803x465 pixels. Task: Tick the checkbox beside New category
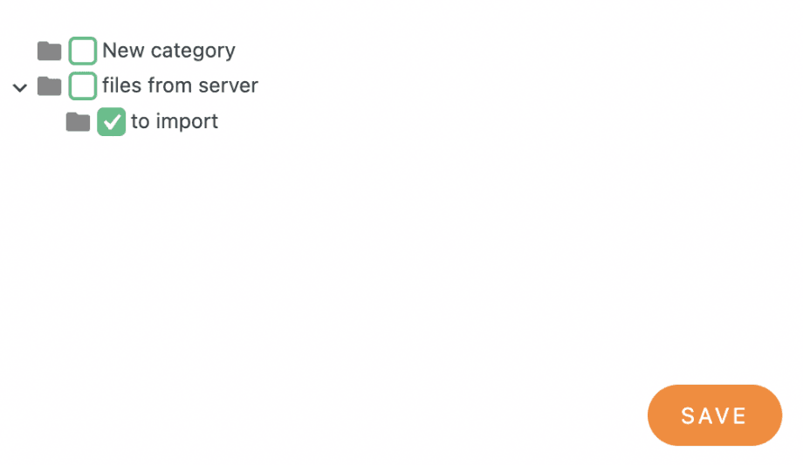[83, 51]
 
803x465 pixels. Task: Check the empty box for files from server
[83, 86]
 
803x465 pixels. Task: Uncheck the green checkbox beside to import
[112, 122]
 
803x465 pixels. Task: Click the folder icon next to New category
[50, 51]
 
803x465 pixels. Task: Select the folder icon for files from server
[50, 86]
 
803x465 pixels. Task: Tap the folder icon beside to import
[79, 122]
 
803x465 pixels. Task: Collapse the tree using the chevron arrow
[20, 87]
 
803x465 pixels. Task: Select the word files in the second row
[120, 85]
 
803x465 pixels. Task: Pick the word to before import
[140, 121]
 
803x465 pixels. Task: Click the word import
[187, 121]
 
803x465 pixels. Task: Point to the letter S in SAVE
[688, 416]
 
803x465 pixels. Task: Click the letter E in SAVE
[740, 416]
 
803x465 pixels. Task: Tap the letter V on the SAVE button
[724, 416]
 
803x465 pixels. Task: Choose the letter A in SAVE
[705, 416]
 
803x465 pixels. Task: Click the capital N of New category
[110, 51]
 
